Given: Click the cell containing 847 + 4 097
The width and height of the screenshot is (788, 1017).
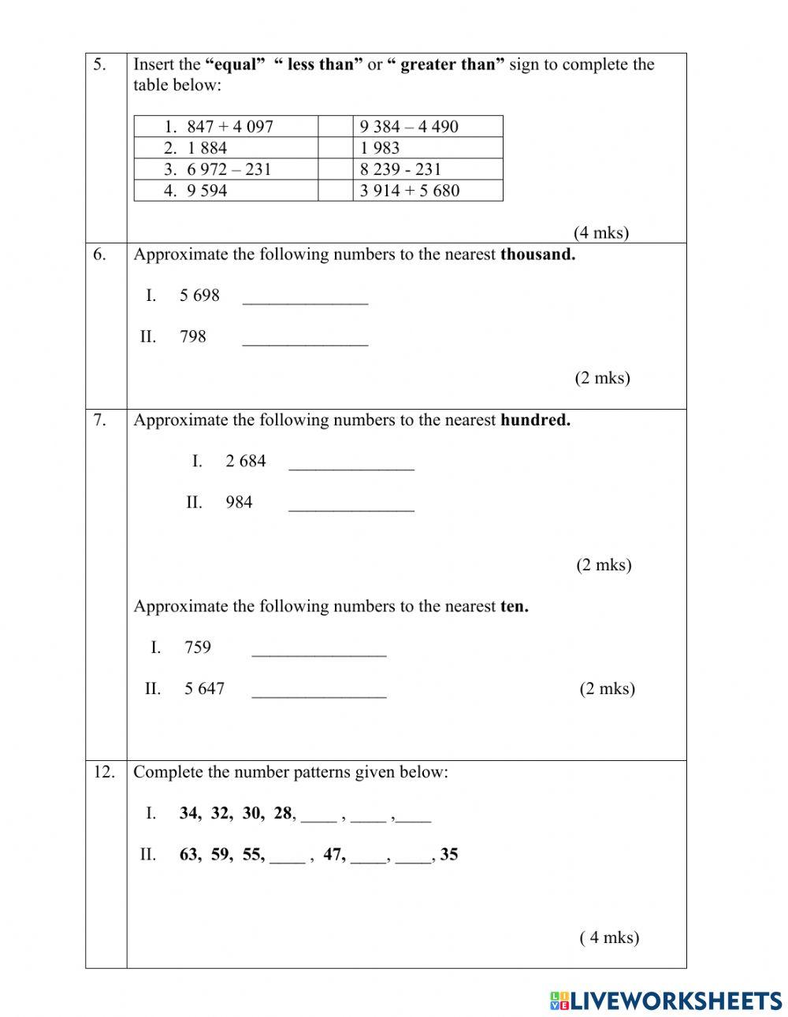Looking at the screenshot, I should [x=227, y=127].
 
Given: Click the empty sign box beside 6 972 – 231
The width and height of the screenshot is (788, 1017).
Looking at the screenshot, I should [x=335, y=169].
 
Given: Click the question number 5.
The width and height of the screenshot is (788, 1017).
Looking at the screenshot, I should [x=100, y=65].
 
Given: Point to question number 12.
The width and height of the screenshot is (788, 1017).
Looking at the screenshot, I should [x=104, y=772].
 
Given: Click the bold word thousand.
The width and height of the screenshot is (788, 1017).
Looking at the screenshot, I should [x=537, y=254].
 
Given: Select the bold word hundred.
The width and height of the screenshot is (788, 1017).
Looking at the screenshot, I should [x=535, y=421].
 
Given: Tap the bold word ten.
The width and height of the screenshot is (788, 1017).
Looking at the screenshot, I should [x=515, y=607].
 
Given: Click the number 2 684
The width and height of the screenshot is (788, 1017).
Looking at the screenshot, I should [x=246, y=462].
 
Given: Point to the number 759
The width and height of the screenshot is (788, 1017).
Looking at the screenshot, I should [x=198, y=648].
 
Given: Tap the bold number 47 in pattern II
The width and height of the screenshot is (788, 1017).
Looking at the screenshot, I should [x=334, y=855].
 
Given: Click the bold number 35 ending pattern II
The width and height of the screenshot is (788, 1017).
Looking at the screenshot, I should [x=449, y=855].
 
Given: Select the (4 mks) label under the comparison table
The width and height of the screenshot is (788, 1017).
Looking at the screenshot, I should [x=601, y=232].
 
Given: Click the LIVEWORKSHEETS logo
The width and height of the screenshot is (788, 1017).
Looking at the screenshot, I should [x=665, y=1000].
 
